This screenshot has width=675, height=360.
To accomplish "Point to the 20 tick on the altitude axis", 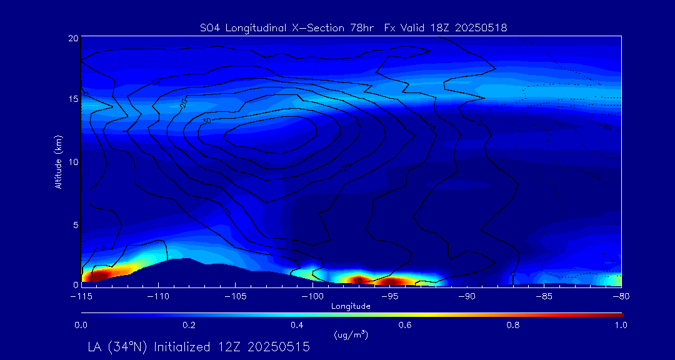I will (73, 38).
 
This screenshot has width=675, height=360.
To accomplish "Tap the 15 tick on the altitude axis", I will (73, 99).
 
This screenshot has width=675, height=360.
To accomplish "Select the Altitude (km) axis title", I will (58, 161).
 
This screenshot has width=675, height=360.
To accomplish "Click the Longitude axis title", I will (351, 306).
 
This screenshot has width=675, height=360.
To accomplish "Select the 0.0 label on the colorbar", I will (81, 325).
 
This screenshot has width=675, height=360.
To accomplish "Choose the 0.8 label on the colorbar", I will (514, 325).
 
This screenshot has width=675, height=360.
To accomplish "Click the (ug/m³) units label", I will (351, 335).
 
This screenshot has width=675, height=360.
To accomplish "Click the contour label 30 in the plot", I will (207, 121).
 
